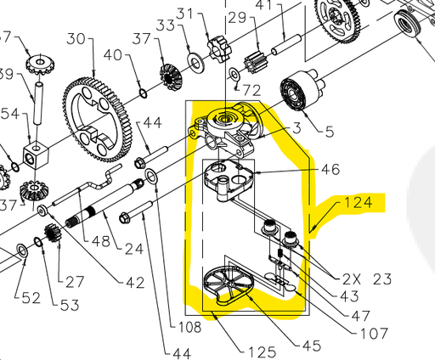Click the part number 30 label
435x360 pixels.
(x=76, y=38)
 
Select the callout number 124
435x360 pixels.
(x=358, y=203)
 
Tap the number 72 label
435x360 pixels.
(x=251, y=89)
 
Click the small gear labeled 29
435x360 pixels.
(x=255, y=60)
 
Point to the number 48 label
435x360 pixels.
(x=102, y=242)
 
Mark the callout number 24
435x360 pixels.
(x=134, y=249)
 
